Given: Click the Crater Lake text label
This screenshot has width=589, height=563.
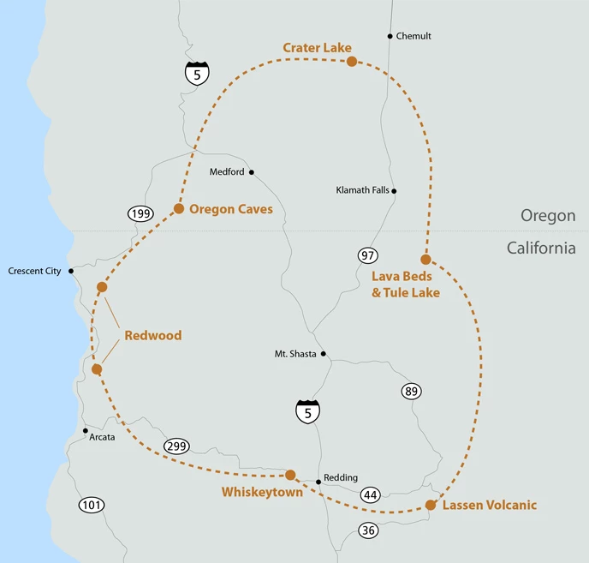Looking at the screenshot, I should [317, 47].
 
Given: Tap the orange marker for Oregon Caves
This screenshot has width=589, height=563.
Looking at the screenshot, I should [179, 208].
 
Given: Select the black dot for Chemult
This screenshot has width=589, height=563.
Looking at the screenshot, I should [390, 36].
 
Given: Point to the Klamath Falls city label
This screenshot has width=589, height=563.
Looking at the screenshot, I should [362, 190].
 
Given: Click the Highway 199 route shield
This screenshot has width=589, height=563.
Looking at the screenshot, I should [140, 213].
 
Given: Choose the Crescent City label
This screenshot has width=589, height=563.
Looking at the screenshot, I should [34, 271].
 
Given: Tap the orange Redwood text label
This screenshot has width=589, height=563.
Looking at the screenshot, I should [153, 336].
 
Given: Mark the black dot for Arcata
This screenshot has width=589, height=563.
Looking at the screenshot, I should [85, 430].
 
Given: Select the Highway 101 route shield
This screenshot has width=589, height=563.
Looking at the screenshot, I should [92, 505].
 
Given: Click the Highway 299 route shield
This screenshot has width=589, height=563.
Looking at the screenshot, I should [176, 446].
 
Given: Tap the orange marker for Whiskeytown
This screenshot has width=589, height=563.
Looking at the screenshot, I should [290, 475].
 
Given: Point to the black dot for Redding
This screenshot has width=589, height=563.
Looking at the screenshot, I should [318, 482].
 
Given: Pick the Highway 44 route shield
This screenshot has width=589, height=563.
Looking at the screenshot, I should [371, 494].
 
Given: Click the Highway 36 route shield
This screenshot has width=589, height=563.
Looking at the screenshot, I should [368, 530].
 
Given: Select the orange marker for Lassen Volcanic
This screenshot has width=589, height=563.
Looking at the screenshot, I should [431, 505].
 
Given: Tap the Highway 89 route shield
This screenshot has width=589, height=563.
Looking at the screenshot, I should [411, 391].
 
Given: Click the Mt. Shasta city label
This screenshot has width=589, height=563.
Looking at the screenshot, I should [294, 353].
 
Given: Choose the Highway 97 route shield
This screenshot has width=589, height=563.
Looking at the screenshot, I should [368, 255].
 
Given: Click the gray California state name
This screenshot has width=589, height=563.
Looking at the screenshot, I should [541, 248].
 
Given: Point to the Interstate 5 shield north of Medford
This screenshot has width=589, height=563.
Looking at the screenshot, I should [197, 73].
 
